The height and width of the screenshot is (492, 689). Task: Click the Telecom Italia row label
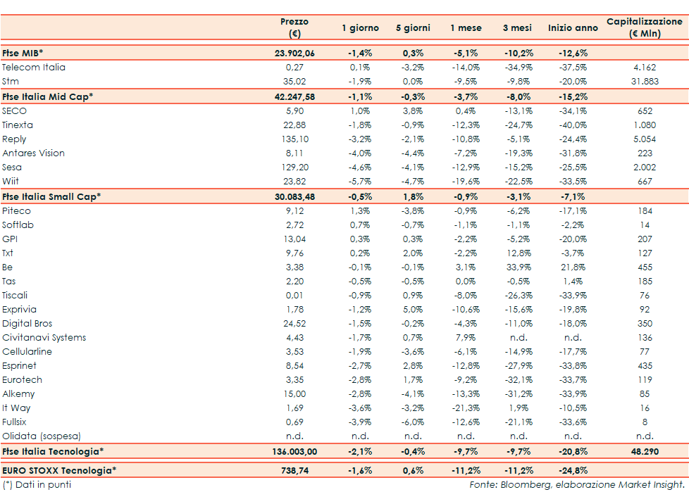click(x=34, y=68)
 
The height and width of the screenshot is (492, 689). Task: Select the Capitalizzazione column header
click(x=644, y=27)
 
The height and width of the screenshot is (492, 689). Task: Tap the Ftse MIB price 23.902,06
click(x=294, y=53)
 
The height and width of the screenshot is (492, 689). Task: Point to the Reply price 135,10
click(x=294, y=139)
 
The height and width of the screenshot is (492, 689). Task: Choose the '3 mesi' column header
click(x=516, y=28)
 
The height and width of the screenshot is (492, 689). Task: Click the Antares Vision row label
click(x=33, y=153)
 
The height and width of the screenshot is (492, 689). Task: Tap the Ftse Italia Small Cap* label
click(x=51, y=196)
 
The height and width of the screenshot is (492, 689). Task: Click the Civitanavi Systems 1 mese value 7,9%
click(x=467, y=338)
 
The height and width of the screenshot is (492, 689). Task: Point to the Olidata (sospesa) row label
click(x=42, y=436)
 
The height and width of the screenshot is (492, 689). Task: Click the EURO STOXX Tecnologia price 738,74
click(x=294, y=469)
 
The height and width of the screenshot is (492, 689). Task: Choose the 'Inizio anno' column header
click(x=573, y=28)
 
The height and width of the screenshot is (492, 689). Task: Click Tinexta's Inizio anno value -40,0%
click(x=573, y=125)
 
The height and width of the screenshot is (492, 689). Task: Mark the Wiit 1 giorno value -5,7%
click(x=360, y=182)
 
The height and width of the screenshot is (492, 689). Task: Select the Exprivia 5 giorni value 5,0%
click(x=414, y=310)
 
